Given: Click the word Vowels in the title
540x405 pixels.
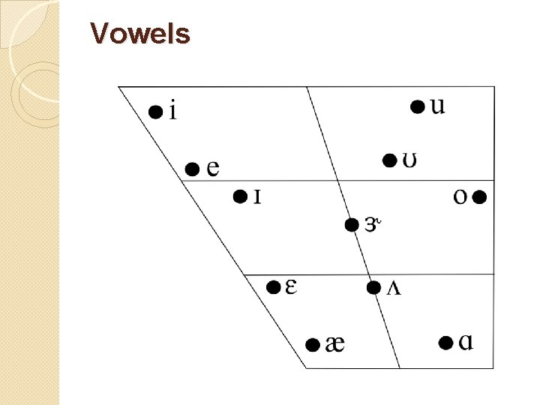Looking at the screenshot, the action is click(140, 34).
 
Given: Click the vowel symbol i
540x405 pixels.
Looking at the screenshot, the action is click(173, 112).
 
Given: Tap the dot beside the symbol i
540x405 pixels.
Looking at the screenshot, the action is click(154, 112).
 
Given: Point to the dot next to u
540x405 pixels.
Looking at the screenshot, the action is click(418, 106).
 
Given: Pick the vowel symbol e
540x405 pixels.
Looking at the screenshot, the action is click(213, 169).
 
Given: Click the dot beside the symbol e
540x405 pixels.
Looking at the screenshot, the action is click(192, 169).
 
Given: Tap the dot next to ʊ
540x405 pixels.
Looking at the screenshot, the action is click(389, 160).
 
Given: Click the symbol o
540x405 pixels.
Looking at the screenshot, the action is click(461, 197).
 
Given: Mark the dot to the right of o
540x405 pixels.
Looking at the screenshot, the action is click(481, 197).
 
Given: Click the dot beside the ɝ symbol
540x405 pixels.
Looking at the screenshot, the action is click(351, 223).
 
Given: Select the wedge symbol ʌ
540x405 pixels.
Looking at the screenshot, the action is click(393, 289).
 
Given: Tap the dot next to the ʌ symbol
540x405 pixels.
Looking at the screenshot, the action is click(373, 287).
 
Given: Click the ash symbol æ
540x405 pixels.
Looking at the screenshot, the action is click(335, 344).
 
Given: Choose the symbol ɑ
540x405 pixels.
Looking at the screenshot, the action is click(466, 343).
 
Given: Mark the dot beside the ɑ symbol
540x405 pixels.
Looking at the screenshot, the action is click(445, 343).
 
